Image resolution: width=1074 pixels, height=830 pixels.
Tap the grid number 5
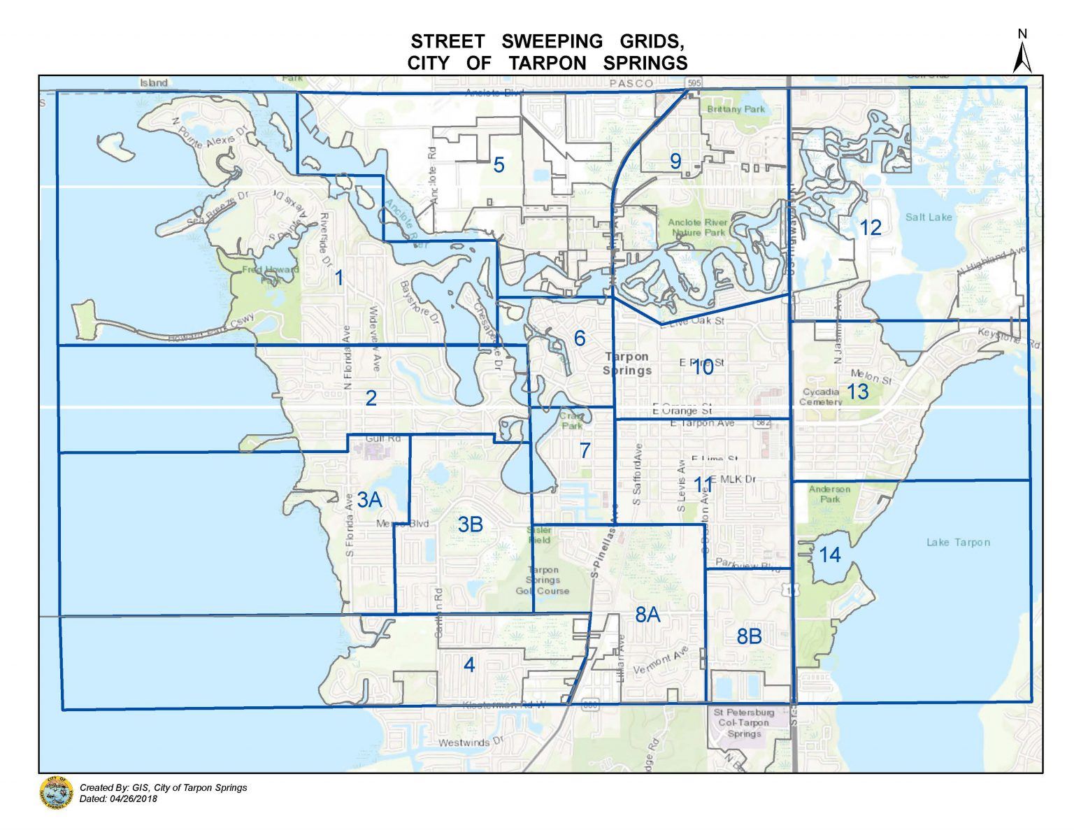point(499,165)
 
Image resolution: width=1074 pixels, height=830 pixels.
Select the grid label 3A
point(369,499)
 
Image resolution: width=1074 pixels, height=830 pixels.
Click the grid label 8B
point(749,636)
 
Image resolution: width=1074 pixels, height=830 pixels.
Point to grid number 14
point(829,554)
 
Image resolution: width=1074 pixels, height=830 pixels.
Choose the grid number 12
point(871,227)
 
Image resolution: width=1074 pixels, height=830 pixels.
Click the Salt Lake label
point(929,217)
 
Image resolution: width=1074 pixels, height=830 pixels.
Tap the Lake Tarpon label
point(958,542)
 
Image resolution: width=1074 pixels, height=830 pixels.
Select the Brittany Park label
point(736,109)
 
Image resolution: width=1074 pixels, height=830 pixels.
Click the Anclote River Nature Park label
point(697,227)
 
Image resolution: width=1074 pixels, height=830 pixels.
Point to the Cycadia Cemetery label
point(822,396)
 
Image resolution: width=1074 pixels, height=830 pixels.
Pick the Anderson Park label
point(829,494)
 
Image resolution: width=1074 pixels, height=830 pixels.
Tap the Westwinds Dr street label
point(471,742)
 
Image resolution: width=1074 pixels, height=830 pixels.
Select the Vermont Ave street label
point(661,661)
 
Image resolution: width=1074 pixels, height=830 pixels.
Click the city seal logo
point(57,793)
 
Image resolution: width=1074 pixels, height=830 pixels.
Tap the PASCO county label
point(630,83)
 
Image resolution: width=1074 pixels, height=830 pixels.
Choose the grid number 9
point(675,162)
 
